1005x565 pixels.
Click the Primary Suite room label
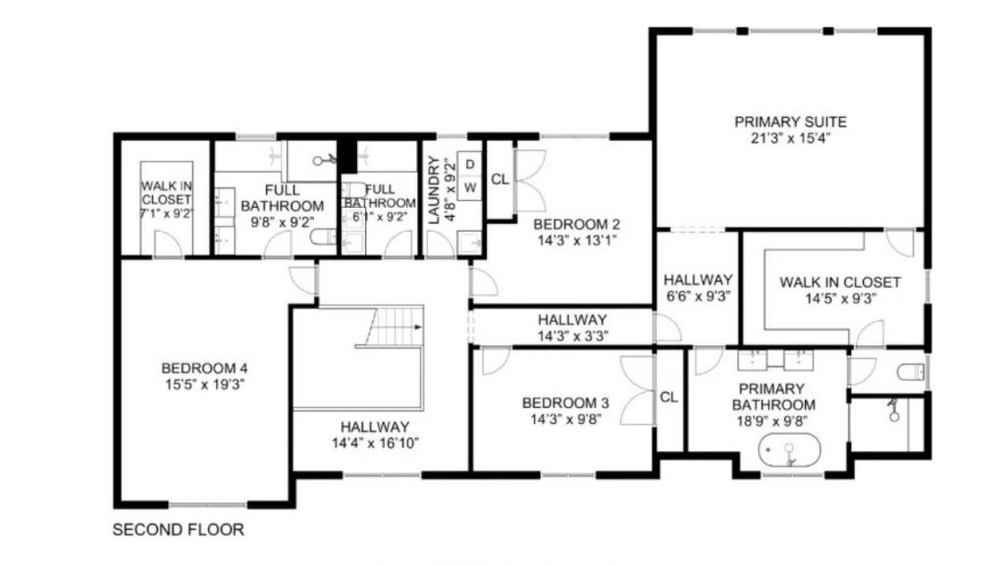[790, 122]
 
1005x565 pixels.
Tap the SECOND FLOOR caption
[179, 530]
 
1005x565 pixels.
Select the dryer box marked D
[470, 165]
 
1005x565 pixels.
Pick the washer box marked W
[470, 187]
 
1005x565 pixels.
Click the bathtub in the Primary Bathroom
[789, 451]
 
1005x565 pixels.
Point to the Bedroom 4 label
[204, 369]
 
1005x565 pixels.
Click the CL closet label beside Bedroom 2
[500, 180]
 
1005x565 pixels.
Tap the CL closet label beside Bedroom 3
[668, 397]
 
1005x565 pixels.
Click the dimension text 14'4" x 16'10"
[375, 442]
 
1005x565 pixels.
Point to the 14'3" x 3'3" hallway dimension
[572, 335]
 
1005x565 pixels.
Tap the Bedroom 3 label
[565, 403]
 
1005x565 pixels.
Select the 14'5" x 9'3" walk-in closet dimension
[840, 298]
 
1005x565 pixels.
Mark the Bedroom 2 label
[576, 225]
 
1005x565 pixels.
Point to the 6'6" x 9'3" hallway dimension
[698, 296]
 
